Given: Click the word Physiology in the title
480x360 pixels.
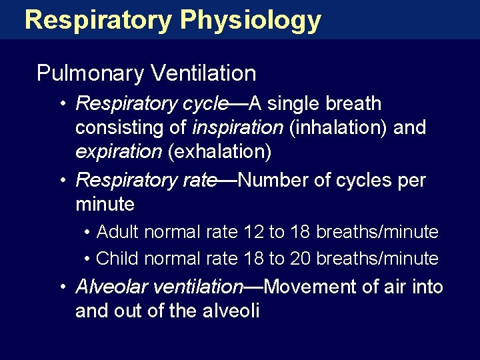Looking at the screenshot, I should (x=250, y=20).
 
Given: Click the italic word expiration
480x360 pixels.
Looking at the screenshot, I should (x=119, y=151).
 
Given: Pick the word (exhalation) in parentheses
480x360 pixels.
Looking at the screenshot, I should (x=219, y=151).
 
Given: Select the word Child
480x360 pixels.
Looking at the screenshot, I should (x=118, y=258).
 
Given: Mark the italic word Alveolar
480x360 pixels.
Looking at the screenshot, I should (x=112, y=287).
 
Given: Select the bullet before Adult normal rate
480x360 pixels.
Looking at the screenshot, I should (x=88, y=233).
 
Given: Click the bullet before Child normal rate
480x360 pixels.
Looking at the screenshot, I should (x=88, y=259).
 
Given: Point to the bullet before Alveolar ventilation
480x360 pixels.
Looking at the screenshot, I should (x=61, y=287).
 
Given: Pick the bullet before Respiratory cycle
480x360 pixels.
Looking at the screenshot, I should (x=61, y=104).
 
